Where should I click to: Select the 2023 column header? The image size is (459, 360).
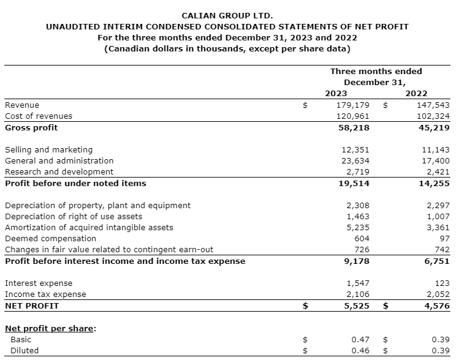click(336, 93)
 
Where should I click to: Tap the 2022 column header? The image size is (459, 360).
click(417, 93)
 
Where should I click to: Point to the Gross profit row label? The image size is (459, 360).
click(31, 127)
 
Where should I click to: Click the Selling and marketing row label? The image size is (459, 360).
click(48, 149)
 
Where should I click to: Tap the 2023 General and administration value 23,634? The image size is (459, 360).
click(355, 160)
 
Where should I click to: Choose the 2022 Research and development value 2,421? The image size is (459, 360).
click(438, 171)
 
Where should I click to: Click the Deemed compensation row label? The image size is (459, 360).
click(50, 238)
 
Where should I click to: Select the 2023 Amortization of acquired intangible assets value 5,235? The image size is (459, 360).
click(358, 227)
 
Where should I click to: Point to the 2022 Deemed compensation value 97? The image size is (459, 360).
click(444, 238)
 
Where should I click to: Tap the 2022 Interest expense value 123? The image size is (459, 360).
click(442, 283)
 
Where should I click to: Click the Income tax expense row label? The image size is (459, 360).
click(45, 294)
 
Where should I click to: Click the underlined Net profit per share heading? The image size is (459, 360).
click(50, 328)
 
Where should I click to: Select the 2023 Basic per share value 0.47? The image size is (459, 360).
click(360, 339)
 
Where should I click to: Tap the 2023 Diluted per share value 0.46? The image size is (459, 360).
click(360, 350)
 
